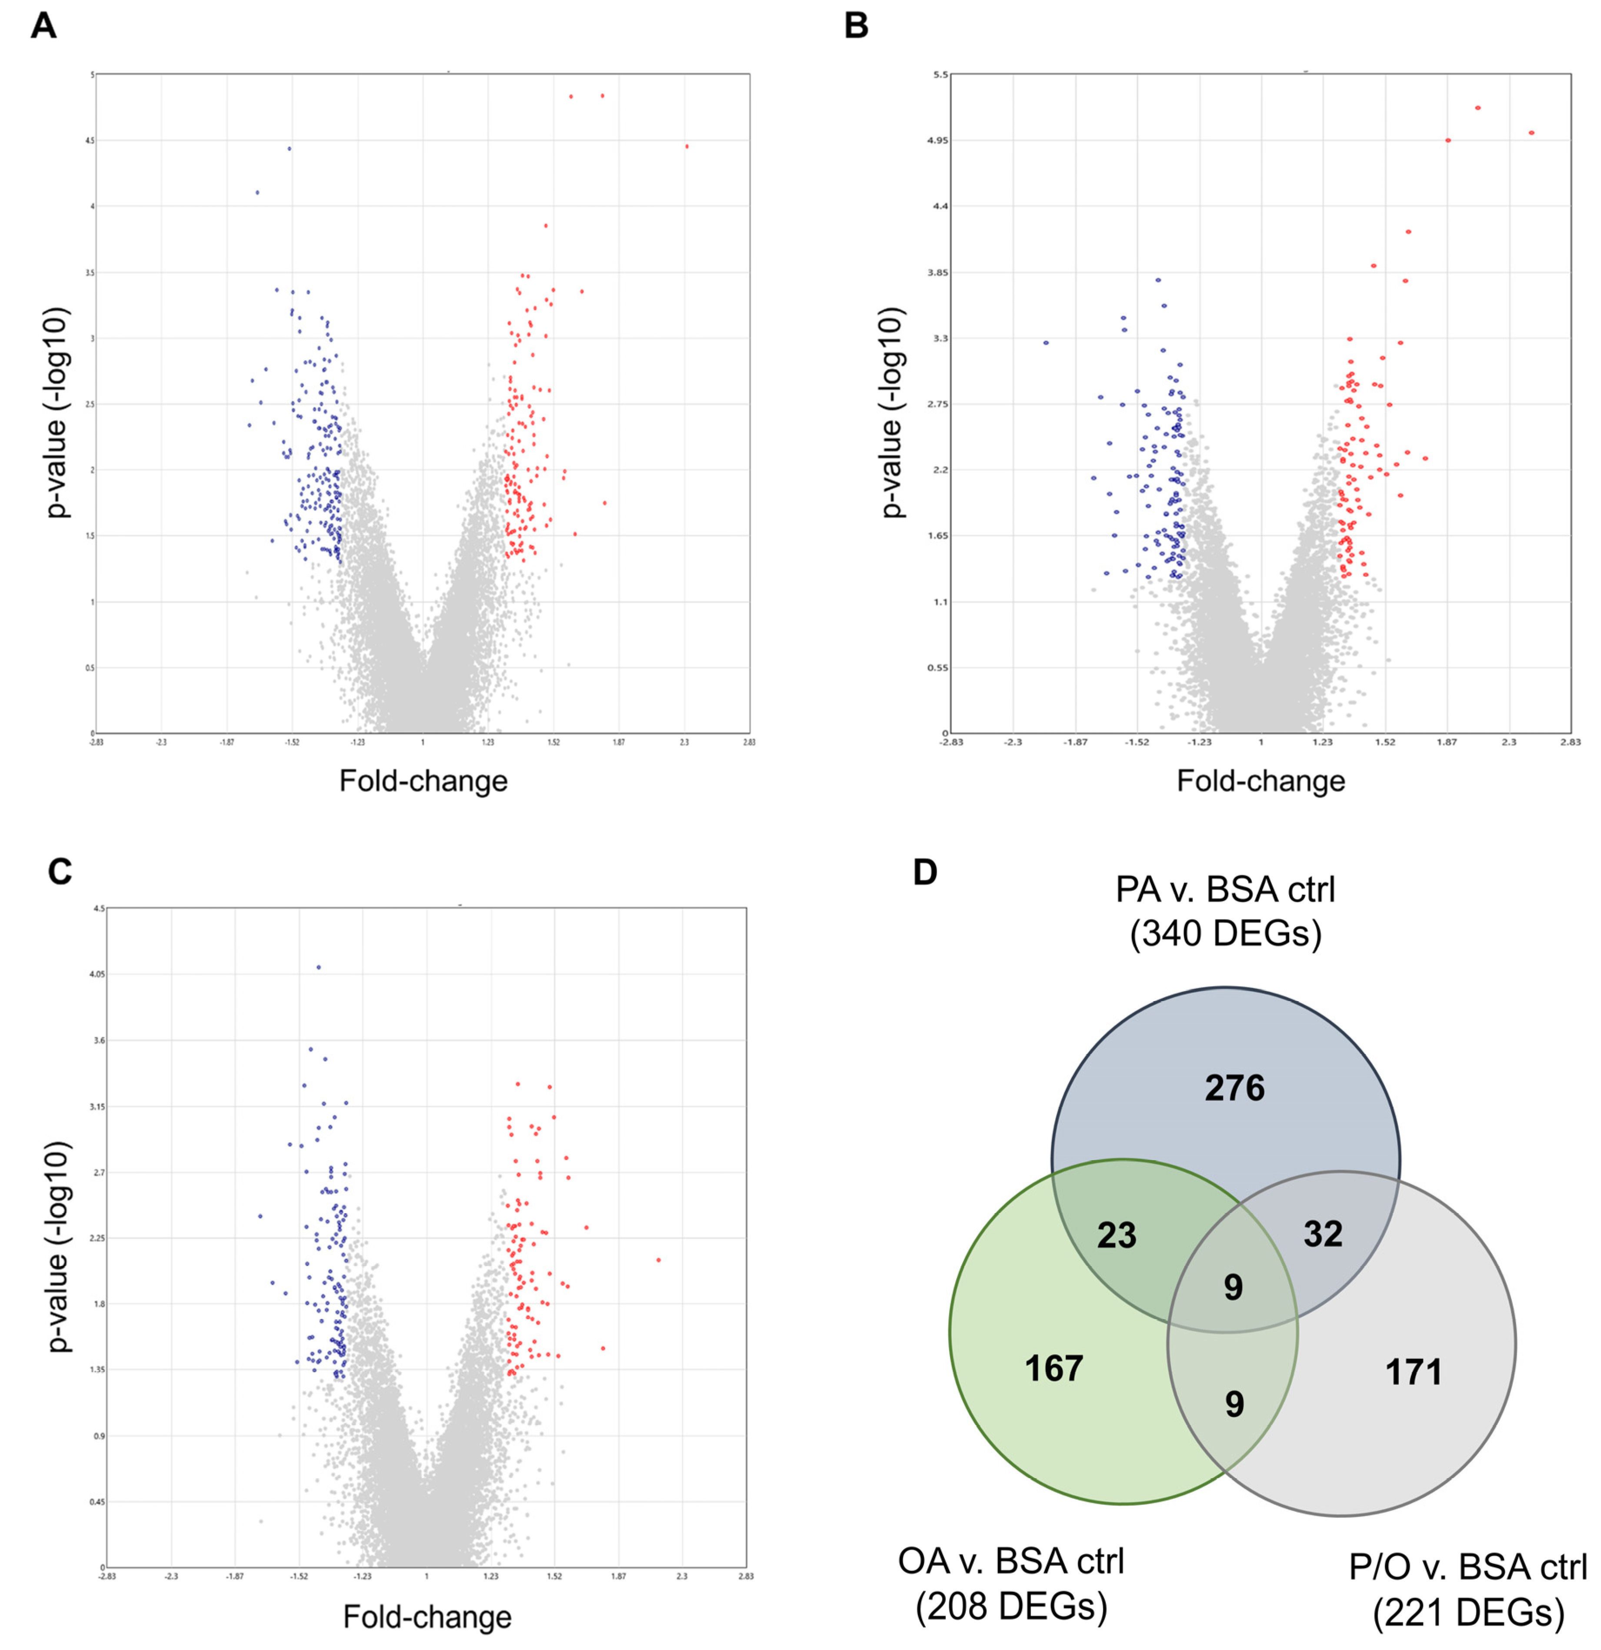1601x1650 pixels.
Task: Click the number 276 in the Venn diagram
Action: pos(1234,1089)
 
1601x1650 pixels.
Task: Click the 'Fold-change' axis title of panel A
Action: pos(424,781)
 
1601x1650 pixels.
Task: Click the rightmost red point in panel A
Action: pos(687,146)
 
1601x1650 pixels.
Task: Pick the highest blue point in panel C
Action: pos(318,967)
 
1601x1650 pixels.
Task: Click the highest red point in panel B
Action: pos(1478,108)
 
